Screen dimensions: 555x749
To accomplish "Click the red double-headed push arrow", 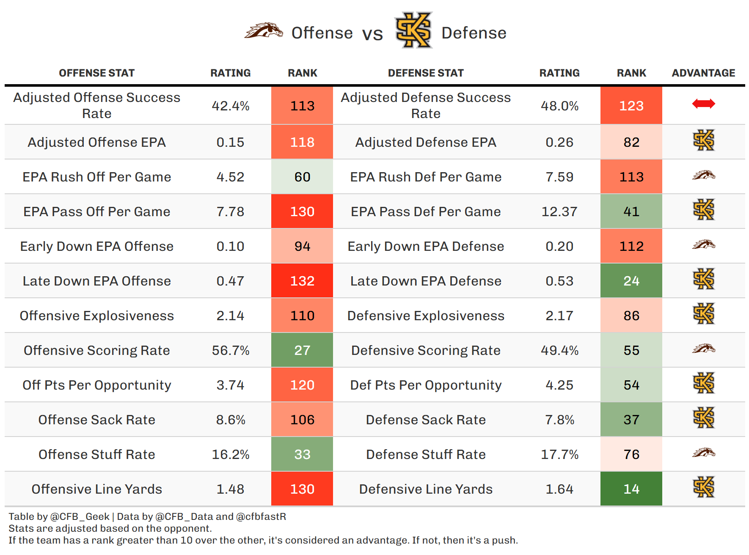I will [x=703, y=104].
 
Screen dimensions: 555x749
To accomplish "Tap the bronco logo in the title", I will [x=264, y=31].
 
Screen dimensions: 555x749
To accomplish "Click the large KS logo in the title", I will [x=413, y=30].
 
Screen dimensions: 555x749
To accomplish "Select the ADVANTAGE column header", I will [x=703, y=73].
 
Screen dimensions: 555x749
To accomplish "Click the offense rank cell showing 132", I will [x=302, y=281].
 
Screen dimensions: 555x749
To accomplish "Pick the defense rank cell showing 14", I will [x=631, y=489].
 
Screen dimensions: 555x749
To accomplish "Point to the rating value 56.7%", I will [x=231, y=350].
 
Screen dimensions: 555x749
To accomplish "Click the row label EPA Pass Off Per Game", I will [x=96, y=212].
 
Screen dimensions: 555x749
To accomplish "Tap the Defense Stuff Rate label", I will [x=426, y=454].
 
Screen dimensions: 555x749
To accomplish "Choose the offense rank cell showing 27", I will [x=302, y=350].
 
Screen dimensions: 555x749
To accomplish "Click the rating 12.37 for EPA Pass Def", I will [x=559, y=212].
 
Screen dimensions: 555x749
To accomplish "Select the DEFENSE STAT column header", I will [x=426, y=73].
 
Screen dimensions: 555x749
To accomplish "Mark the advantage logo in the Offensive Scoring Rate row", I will [x=703, y=349].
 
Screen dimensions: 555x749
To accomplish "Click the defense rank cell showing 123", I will [x=631, y=106].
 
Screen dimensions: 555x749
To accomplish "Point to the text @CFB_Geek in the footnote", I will [x=80, y=517].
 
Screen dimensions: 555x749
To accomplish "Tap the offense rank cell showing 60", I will [x=302, y=177].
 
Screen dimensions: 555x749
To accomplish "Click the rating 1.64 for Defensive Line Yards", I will [x=559, y=489].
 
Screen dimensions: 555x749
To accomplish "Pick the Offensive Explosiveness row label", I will [x=96, y=316].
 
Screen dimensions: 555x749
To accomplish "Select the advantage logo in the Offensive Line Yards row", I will [x=703, y=487].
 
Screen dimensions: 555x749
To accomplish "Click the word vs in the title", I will [x=372, y=34].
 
